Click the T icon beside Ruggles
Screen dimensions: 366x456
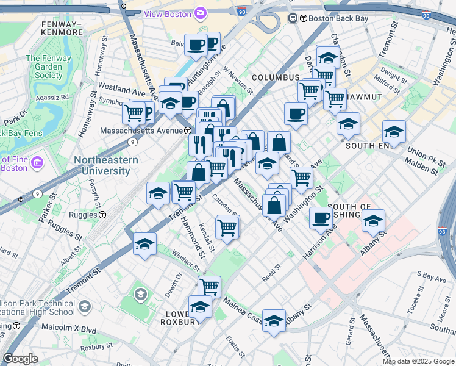(103, 215)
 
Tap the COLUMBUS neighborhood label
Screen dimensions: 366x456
(276, 77)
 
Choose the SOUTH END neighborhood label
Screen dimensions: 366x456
(368, 146)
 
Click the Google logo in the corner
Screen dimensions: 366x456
(20, 359)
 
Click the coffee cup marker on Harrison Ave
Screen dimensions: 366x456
(321, 218)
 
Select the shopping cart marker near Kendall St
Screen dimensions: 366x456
(227, 228)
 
